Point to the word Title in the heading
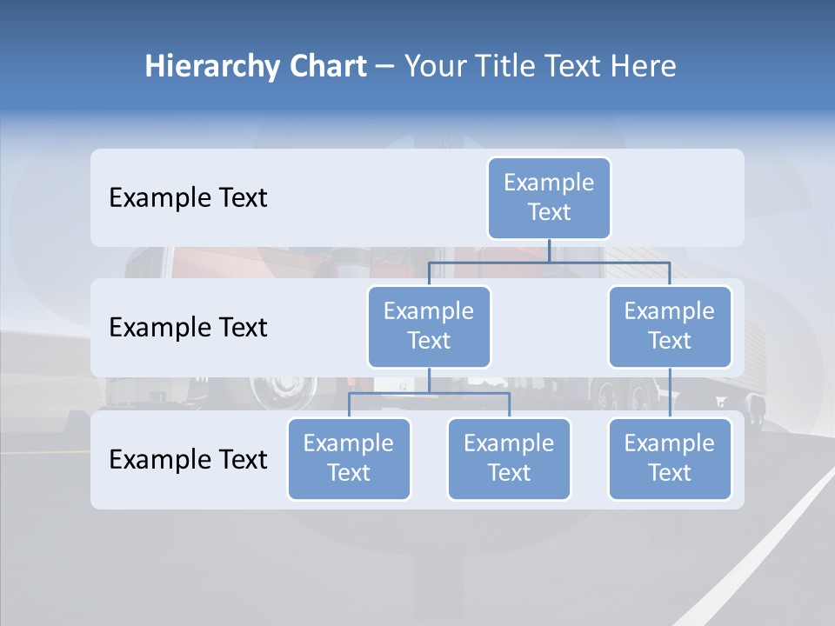pyautogui.click(x=512, y=67)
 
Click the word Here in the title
pyautogui.click(x=641, y=67)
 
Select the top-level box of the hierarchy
pyautogui.click(x=549, y=197)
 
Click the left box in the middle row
pyautogui.click(x=429, y=326)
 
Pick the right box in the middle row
pyautogui.click(x=670, y=326)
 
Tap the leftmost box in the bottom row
pyautogui.click(x=349, y=458)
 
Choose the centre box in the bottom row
pyautogui.click(x=509, y=458)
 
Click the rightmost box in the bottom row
pyautogui.click(x=670, y=458)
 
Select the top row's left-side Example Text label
pyautogui.click(x=188, y=198)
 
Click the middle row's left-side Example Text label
pyautogui.click(x=188, y=328)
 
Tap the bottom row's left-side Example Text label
pyautogui.click(x=188, y=459)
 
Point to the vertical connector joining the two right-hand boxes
pyautogui.click(x=670, y=393)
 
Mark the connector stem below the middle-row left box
pyautogui.click(x=429, y=380)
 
